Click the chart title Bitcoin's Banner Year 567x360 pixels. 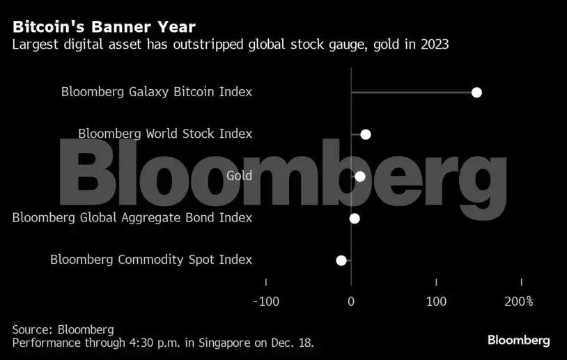point(104,27)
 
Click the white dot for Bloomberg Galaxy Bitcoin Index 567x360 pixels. point(476,93)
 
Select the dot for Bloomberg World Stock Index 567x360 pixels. point(365,134)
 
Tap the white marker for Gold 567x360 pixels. point(359,176)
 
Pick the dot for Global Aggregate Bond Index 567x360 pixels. point(355,219)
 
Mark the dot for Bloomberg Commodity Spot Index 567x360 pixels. point(341,260)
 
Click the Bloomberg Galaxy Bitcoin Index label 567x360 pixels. point(157,92)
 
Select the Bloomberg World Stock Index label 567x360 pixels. point(165,134)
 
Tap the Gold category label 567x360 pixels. point(239,176)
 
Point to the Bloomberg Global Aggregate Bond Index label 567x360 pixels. point(132,218)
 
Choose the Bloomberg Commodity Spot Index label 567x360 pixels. point(151,260)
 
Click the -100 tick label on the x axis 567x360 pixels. point(265,302)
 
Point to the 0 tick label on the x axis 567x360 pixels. point(351,302)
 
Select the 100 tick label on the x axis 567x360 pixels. point(436,302)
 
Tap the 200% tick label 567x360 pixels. point(519,302)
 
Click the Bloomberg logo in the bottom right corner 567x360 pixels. point(518,341)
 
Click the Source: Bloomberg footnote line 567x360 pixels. point(63,329)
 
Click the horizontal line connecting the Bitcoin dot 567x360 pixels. point(411,93)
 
